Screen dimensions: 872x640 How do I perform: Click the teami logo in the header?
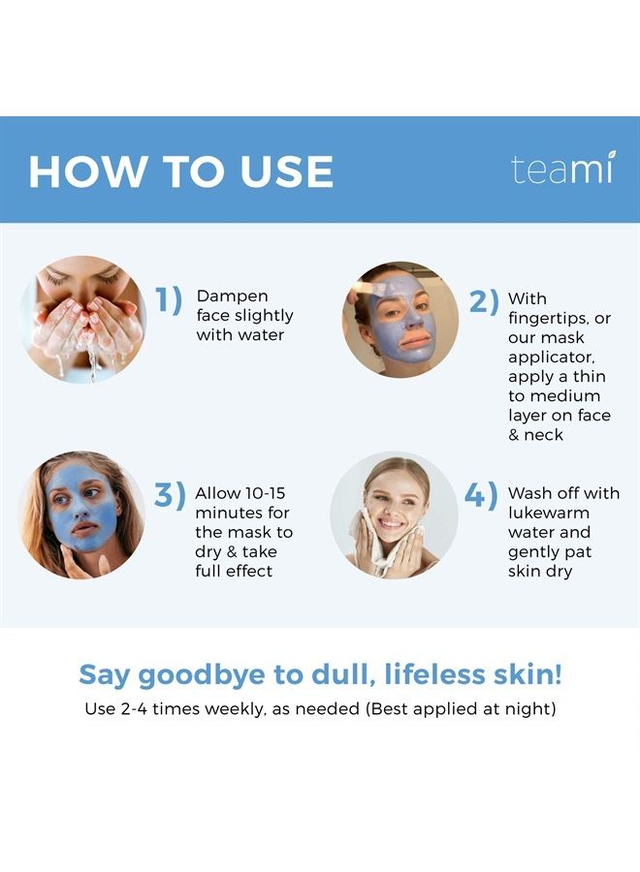point(561,170)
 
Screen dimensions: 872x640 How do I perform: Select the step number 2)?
point(484,301)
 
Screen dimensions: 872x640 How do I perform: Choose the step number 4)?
point(480,496)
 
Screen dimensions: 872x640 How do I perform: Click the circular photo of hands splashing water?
point(83,319)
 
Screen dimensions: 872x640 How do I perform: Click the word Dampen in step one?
point(232,296)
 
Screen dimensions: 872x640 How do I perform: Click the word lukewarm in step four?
point(549,513)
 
